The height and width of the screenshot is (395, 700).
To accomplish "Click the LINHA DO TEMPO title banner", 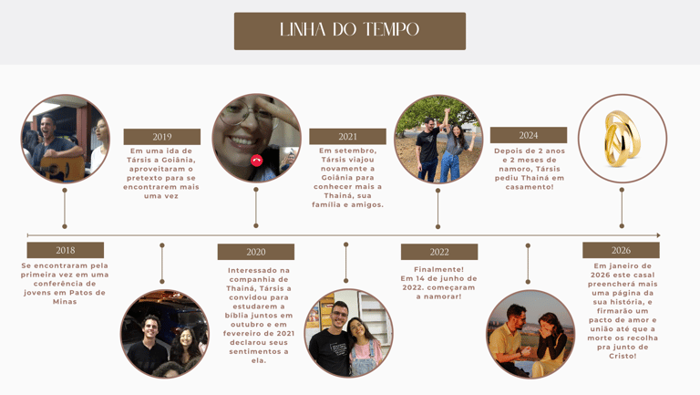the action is click(350, 31).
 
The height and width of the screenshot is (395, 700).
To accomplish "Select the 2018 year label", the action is click(66, 250).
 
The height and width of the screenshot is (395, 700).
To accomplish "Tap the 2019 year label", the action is click(162, 137).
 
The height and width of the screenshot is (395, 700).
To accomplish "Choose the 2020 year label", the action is click(256, 252).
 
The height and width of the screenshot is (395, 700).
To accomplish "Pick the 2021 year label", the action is click(348, 137).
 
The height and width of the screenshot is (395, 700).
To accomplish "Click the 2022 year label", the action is click(439, 252).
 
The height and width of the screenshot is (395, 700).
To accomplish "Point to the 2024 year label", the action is click(529, 135).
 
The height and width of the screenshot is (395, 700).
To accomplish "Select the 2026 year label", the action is click(621, 250).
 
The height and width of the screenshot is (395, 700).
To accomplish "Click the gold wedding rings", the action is click(623, 139).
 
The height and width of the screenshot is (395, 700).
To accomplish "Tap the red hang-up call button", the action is click(257, 161).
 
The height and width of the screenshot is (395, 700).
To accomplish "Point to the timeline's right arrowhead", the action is click(657, 235).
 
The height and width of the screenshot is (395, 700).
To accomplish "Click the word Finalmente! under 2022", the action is click(439, 269).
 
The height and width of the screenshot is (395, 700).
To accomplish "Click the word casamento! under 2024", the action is click(530, 187).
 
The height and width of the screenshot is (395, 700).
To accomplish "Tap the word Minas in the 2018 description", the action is click(66, 301).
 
